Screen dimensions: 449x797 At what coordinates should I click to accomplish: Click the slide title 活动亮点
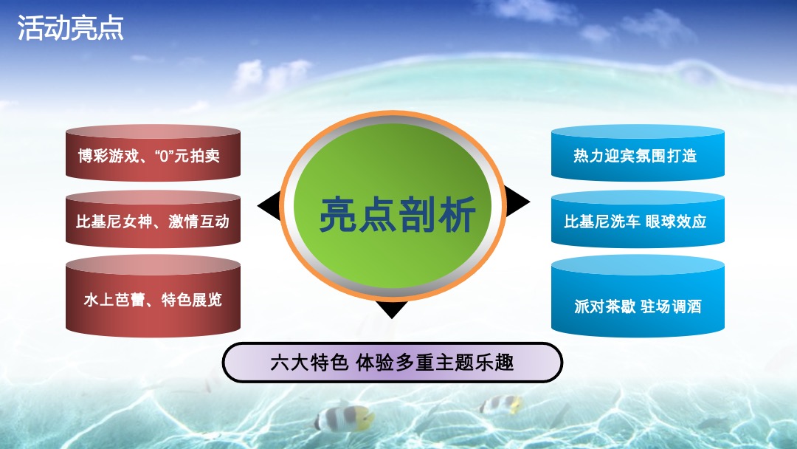(x=70, y=28)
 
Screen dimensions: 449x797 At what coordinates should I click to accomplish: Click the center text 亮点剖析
(x=398, y=214)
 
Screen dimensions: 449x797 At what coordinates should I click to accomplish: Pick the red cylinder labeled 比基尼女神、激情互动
(x=153, y=220)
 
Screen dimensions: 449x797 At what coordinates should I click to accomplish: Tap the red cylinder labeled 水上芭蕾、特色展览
(x=153, y=298)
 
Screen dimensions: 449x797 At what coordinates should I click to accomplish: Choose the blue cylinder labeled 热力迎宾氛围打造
(x=637, y=154)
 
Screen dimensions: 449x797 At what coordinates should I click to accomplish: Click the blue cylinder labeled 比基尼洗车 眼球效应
(x=637, y=220)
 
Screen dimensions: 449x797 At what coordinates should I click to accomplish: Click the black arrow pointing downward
(x=392, y=309)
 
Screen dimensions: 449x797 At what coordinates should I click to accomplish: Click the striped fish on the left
(x=343, y=417)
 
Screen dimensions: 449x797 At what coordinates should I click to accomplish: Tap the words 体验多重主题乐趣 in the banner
(x=435, y=363)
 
